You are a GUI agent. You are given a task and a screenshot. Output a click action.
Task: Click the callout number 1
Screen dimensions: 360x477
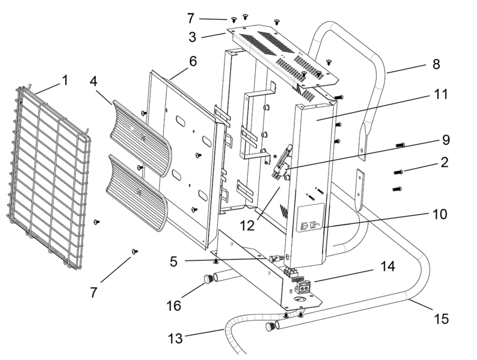65,80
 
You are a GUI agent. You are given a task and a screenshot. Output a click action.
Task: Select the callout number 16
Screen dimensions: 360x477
174,306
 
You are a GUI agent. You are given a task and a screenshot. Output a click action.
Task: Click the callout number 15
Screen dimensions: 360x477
442,317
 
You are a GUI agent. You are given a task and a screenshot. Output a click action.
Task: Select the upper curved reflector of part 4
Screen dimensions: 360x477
140,132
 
